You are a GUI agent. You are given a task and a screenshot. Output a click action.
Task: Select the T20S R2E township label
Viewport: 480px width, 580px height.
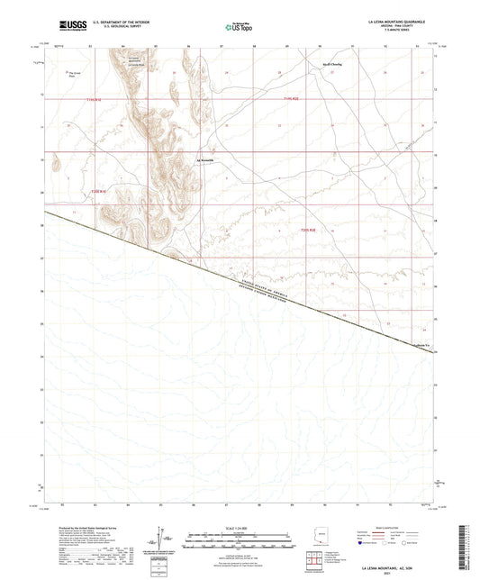pyautogui.click(x=308, y=231)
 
